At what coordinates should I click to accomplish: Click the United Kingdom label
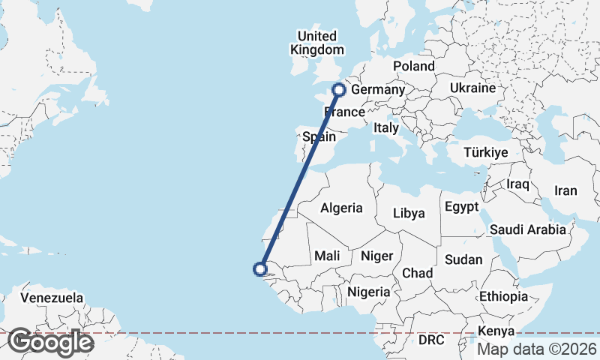pos(318,43)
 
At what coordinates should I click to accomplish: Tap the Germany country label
pos(378,90)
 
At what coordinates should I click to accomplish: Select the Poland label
pos(413,66)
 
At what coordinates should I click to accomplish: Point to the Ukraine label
pos(472,88)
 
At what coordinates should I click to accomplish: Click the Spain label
pos(319,136)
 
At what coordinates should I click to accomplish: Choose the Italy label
pos(386,128)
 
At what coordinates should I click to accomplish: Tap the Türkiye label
pos(486,152)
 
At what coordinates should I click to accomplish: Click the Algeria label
pos(341,208)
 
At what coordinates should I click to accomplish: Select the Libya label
pos(409,213)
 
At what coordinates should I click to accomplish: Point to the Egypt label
pos(461,207)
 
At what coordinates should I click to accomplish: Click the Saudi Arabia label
pos(528,229)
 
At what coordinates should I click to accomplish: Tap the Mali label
pos(327,256)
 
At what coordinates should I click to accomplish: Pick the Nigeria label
pos(369,291)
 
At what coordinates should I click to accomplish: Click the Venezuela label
pos(52,298)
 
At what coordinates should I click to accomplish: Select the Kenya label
pos(496,331)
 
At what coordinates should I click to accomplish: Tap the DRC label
pos(431,340)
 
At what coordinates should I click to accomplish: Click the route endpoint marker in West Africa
pos(261,268)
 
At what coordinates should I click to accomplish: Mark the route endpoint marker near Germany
pos(338,90)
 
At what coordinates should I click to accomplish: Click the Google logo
pos(50,342)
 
